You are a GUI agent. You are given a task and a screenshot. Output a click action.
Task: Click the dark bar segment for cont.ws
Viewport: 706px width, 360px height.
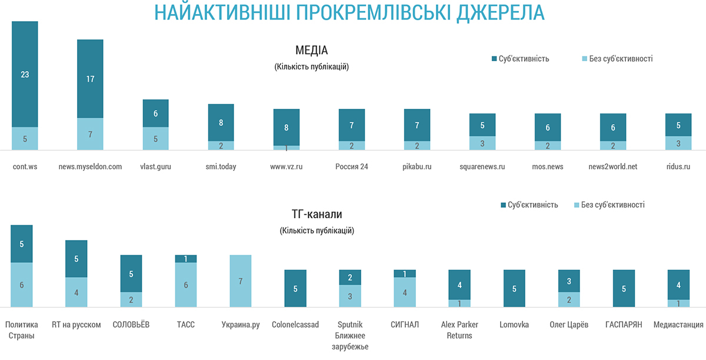[x=25, y=74]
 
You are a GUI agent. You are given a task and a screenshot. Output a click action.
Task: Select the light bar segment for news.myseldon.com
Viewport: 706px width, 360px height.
[x=90, y=134]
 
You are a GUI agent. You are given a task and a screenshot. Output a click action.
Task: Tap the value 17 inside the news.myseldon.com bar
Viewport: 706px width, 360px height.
[x=90, y=79]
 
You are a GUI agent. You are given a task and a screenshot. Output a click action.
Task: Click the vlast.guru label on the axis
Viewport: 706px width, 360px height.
[x=155, y=166]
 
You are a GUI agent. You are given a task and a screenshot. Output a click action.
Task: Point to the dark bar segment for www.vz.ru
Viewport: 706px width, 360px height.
[x=287, y=127]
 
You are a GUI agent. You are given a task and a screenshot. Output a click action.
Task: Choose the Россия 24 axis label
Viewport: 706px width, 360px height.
[x=351, y=166]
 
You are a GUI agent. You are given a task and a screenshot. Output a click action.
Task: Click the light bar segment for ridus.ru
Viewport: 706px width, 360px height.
[x=678, y=143]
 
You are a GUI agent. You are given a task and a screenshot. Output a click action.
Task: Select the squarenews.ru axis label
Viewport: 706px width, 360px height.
[x=482, y=166]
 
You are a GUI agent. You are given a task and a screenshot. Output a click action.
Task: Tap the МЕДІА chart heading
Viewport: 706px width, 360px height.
[x=311, y=50]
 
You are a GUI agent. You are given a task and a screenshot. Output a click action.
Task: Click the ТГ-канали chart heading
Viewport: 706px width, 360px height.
[x=317, y=214]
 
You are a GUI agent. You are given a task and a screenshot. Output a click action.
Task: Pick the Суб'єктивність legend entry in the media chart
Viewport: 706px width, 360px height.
[x=521, y=59]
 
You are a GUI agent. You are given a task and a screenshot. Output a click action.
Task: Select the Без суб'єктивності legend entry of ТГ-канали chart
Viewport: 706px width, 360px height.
[x=608, y=205]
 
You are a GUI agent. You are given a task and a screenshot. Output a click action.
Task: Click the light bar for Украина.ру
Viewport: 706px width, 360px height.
[x=240, y=281]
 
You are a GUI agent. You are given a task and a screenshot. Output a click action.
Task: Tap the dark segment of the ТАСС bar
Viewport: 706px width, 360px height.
[x=186, y=259]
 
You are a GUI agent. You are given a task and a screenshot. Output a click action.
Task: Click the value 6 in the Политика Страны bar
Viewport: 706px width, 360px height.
[x=22, y=285]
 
